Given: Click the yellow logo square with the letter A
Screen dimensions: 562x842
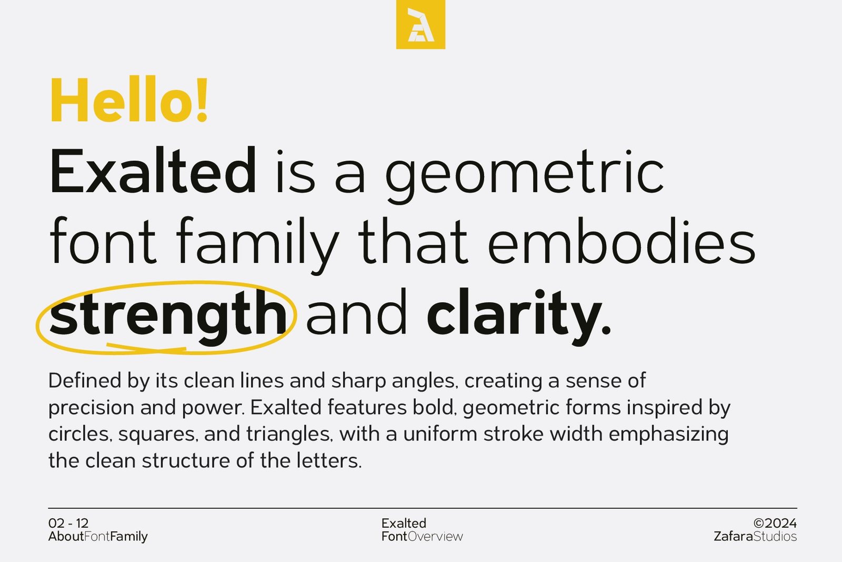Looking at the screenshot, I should pyautogui.click(x=420, y=24).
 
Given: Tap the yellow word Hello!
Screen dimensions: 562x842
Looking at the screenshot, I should pyautogui.click(x=129, y=101).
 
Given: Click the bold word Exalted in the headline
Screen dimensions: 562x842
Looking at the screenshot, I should pyautogui.click(x=153, y=171).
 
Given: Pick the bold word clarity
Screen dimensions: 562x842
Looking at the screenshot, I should pyautogui.click(x=518, y=315).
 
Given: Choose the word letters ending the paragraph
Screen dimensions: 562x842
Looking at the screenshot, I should pyautogui.click(x=328, y=461).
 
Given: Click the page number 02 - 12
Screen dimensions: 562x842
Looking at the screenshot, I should pyautogui.click(x=68, y=523).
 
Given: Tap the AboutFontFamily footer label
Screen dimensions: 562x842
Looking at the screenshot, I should pyautogui.click(x=98, y=537).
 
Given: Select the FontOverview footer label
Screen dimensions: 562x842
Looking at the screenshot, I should pyautogui.click(x=422, y=537).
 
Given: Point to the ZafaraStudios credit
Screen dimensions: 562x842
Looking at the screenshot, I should pyautogui.click(x=755, y=537).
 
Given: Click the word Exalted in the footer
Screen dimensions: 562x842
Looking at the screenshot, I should pyautogui.click(x=404, y=523).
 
